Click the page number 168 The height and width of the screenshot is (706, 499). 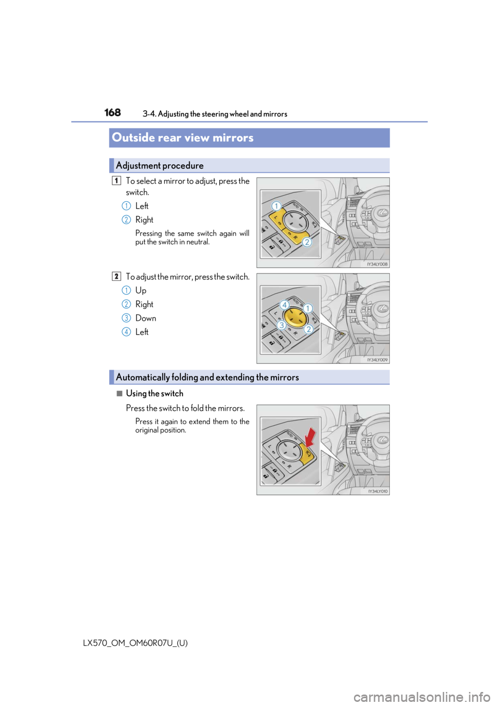coord(112,112)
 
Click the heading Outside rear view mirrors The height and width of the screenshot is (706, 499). coord(183,138)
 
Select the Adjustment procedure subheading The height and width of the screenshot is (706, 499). coord(160,165)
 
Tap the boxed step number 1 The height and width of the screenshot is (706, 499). coord(116,180)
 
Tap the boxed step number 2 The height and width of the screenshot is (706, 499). coord(116,277)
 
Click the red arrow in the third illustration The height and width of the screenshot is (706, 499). coord(311,437)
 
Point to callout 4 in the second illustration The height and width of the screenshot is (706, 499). coord(284,305)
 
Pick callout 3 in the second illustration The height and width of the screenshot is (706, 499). coord(281,325)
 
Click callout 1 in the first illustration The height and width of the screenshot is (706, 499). coord(277,206)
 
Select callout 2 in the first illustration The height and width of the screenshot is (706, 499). coord(307,242)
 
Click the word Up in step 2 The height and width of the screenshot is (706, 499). coord(141,291)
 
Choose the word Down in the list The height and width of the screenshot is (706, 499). coord(146,318)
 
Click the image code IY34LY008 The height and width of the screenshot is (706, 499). coord(377,264)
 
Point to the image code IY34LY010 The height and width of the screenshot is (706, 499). coord(377,491)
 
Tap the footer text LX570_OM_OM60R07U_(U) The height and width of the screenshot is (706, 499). coord(135,643)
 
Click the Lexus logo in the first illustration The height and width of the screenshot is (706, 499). coord(383,213)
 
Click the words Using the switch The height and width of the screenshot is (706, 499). coord(154,394)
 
